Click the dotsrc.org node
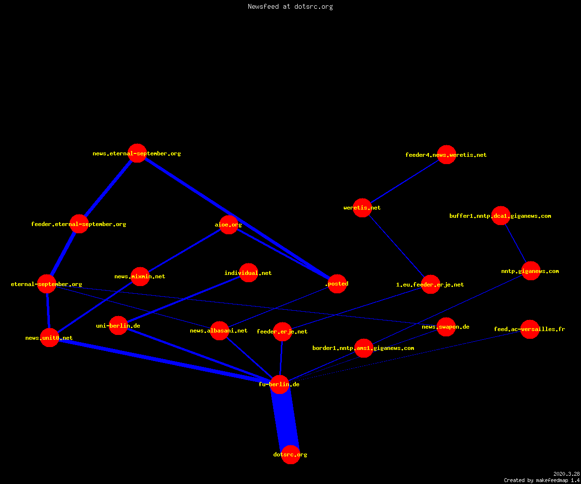tap(290, 454)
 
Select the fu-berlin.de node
tap(279, 384)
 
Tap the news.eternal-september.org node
tap(137, 153)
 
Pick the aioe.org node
tap(229, 225)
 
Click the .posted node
tap(337, 284)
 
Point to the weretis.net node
tap(362, 208)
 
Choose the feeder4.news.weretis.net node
tap(446, 155)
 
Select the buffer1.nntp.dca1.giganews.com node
tap(501, 215)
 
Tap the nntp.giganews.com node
tap(531, 271)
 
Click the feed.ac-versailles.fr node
tap(530, 329)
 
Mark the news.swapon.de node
tap(446, 327)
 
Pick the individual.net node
tap(248, 272)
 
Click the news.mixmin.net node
tap(140, 276)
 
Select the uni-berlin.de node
tap(119, 325)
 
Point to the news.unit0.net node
tap(49, 338)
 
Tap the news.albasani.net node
tap(219, 331)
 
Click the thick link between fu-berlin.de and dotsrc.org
tap(285, 420)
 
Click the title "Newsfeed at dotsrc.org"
tap(290, 7)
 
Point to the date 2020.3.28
tap(566, 474)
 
